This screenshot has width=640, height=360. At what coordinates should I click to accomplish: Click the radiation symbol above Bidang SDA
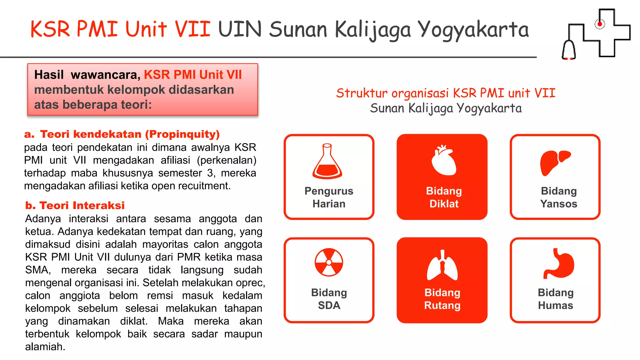point(329,262)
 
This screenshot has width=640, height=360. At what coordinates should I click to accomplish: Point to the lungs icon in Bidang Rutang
point(442,265)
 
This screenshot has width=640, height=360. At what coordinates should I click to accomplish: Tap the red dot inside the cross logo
point(599,24)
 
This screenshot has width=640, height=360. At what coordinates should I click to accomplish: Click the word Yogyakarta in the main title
point(473,30)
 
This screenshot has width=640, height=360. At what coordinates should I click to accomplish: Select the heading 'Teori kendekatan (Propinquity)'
point(130,134)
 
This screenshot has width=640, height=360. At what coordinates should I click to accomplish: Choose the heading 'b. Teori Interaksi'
point(75,205)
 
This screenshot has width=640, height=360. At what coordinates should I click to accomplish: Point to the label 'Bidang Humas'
point(555,299)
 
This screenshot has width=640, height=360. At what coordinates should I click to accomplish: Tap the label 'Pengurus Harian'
point(329,197)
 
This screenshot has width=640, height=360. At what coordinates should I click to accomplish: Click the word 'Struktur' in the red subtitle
point(362,93)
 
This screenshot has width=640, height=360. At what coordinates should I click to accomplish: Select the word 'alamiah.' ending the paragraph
point(45,347)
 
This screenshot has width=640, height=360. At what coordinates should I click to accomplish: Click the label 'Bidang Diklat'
point(444,197)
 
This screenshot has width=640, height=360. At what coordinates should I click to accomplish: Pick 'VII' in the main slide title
point(192,29)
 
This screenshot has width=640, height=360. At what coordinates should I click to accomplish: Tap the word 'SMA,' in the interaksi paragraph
point(38,270)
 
